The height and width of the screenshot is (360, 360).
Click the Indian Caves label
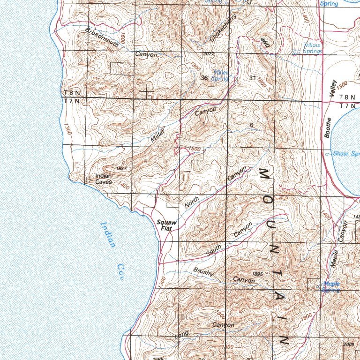point(103,179)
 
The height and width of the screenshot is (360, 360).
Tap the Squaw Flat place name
point(165,225)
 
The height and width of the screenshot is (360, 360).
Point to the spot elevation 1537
point(121,168)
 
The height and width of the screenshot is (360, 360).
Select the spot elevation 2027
point(209,54)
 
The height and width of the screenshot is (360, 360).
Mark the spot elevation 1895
point(257,274)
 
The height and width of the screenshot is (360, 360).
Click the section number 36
point(204,78)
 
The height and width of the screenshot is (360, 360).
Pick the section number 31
point(253,78)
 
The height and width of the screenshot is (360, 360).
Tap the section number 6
point(252,125)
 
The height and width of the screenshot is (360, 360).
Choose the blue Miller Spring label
point(221,75)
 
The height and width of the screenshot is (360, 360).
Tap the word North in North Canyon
point(192,202)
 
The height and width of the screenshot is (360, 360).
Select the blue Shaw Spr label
point(345,154)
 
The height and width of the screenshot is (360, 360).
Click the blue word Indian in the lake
point(107,235)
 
